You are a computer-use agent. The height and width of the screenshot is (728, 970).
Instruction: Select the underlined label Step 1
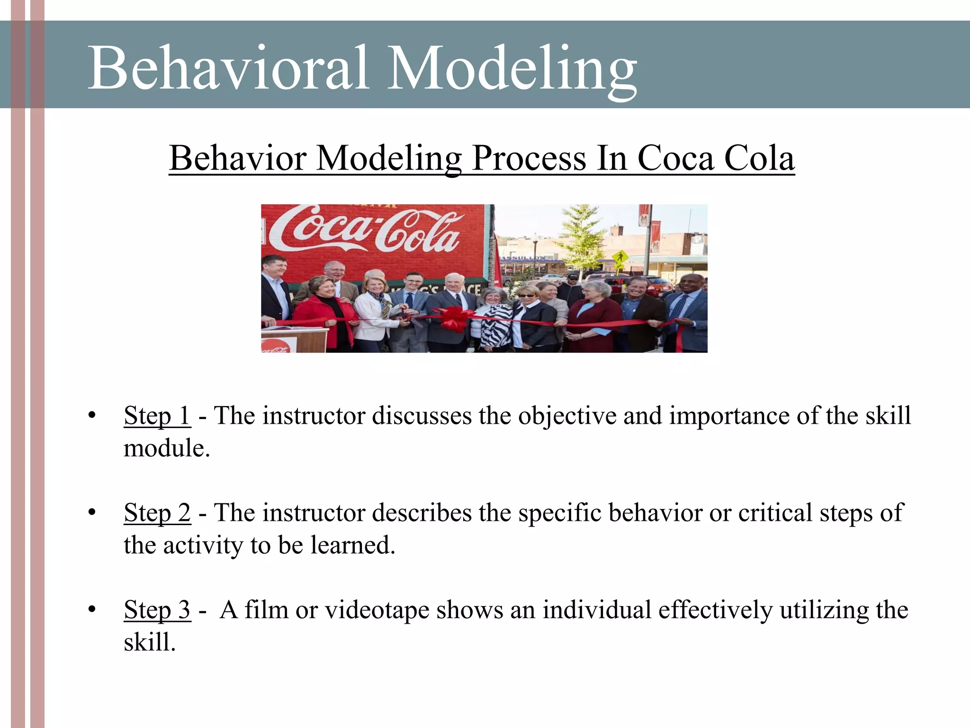click(x=157, y=416)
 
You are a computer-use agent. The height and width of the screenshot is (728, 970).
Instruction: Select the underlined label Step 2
click(x=157, y=513)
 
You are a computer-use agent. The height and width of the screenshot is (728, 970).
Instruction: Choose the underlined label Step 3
click(x=157, y=610)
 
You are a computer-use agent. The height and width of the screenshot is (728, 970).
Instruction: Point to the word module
click(x=166, y=448)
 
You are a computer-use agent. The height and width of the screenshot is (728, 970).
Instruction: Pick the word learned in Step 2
click(x=352, y=546)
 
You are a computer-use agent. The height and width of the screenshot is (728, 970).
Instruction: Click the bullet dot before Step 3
click(x=92, y=610)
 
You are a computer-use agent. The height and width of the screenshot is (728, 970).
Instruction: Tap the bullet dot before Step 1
click(x=92, y=416)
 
